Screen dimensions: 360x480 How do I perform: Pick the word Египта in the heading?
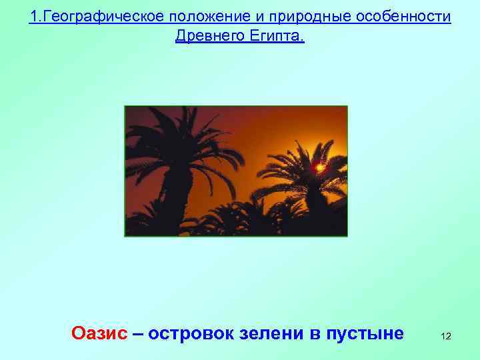click(278, 36)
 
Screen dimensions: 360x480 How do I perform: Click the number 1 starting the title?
click(33, 16)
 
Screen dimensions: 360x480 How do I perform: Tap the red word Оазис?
click(99, 333)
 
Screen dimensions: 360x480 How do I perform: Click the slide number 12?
click(445, 337)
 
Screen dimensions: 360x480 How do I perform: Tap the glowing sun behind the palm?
click(320, 167)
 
